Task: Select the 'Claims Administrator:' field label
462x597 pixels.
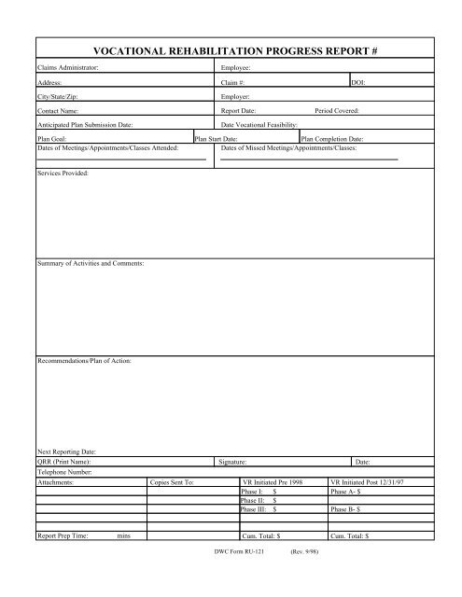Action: [x=68, y=69]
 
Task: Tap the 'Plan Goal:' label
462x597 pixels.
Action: [x=51, y=138]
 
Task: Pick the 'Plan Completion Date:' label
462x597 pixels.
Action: [x=332, y=138]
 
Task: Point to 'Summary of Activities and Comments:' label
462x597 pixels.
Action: [x=91, y=266]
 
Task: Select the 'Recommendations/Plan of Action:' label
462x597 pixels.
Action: [x=84, y=359]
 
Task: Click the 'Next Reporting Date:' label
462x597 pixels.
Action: [x=66, y=451]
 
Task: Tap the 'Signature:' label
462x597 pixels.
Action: [x=232, y=462]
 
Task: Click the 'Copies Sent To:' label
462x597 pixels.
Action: [x=171, y=482]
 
